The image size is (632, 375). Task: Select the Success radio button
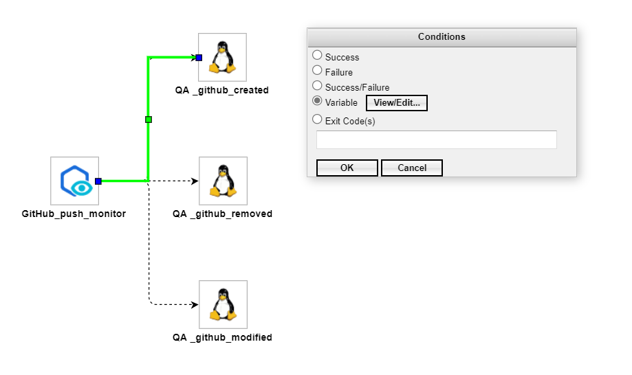click(x=317, y=55)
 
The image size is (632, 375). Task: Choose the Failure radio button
click(x=317, y=70)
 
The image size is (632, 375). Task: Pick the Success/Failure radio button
click(x=317, y=86)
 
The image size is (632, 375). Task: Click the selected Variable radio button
click(x=317, y=101)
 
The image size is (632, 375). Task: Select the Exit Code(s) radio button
click(x=317, y=120)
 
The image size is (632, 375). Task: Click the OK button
click(x=347, y=168)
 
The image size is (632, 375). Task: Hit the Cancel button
click(x=411, y=168)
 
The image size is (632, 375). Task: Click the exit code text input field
click(x=436, y=139)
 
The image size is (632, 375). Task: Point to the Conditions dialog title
click(x=442, y=37)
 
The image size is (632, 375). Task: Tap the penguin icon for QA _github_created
click(x=222, y=58)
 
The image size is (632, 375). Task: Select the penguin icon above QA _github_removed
click(x=222, y=181)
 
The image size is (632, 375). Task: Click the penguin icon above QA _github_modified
click(x=222, y=304)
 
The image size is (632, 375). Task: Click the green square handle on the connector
click(x=149, y=120)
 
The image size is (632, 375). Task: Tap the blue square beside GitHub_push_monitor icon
click(x=98, y=181)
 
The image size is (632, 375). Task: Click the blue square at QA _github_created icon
click(x=199, y=58)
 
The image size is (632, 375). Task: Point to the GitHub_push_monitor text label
click(x=74, y=214)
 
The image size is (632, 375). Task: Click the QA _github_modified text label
click(x=222, y=337)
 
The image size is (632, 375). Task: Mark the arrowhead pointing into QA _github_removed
click(x=195, y=181)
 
